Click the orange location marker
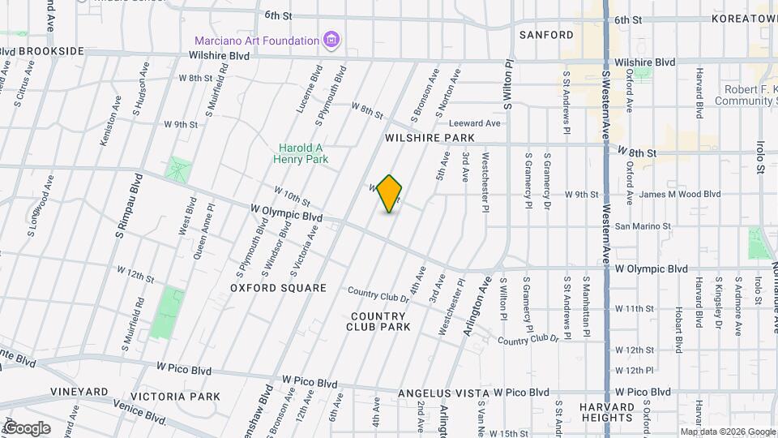[390, 194]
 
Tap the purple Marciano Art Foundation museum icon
[331, 40]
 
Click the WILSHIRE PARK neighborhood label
[418, 139]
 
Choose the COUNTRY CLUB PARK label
[378, 321]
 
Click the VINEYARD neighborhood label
[79, 392]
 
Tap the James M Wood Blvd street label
[679, 195]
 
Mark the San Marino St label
[643, 226]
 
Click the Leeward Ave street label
[474, 123]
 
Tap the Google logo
[26, 428]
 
